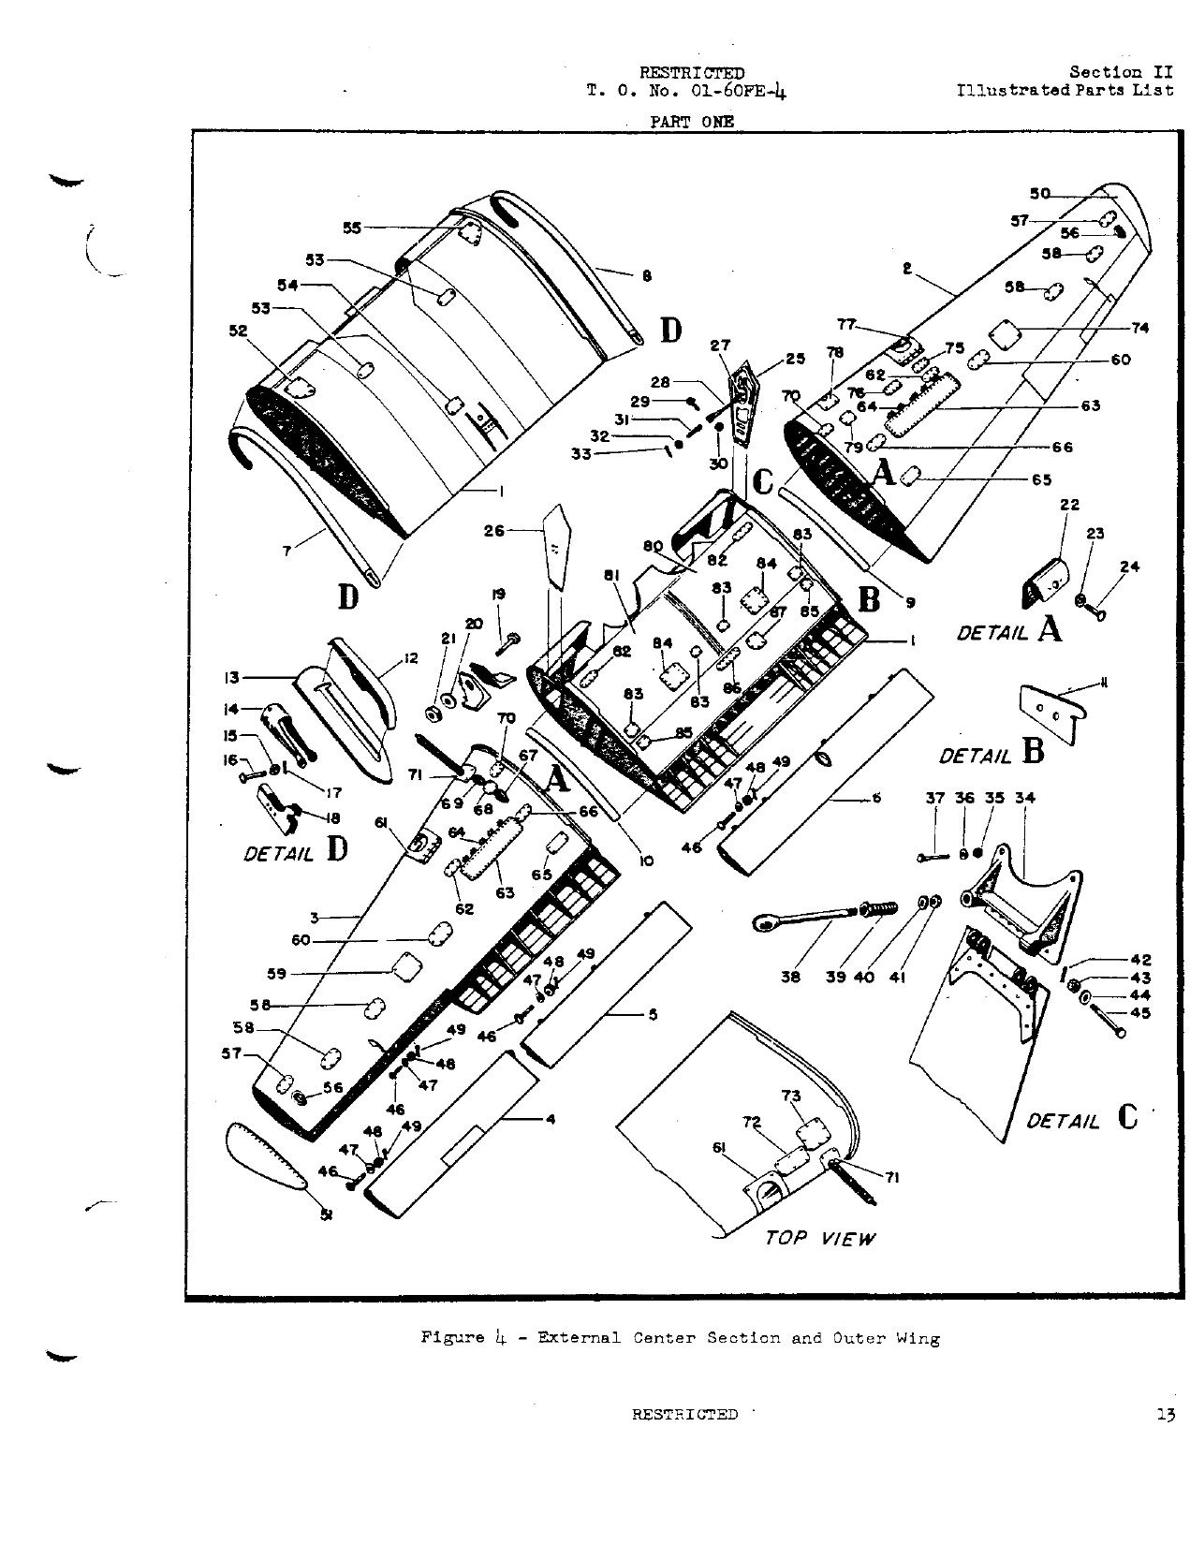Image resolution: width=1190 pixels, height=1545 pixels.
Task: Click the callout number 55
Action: coord(351,228)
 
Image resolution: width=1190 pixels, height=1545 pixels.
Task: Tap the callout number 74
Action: coord(1139,328)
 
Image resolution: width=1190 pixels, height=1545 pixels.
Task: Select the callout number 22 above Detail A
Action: coord(1069,506)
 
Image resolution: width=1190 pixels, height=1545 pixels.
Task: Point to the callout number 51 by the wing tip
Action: coord(327,1214)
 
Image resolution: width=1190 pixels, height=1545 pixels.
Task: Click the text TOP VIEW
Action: coord(820,1238)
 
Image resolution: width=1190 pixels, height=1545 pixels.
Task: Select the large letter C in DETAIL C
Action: coord(1127,1118)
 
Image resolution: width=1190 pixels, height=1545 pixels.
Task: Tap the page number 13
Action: coord(1165,1415)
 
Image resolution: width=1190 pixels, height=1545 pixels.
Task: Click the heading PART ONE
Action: coord(692,121)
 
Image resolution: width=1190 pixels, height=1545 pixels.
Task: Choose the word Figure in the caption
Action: coord(451,1338)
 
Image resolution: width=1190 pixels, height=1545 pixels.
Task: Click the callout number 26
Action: coord(493,531)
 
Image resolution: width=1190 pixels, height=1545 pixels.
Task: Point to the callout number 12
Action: coord(409,659)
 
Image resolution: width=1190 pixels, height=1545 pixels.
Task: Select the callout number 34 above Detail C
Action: coord(1025,799)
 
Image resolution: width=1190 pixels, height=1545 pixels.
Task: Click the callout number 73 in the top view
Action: coord(791,1096)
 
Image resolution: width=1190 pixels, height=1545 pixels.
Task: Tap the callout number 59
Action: coord(276,973)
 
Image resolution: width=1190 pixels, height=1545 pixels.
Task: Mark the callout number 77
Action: coord(846,325)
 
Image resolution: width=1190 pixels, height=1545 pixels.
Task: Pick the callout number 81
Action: coord(612,577)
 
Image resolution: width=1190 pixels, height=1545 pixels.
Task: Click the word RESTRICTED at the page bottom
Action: coord(684,1415)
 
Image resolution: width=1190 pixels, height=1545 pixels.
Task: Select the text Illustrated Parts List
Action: coord(1065,91)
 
